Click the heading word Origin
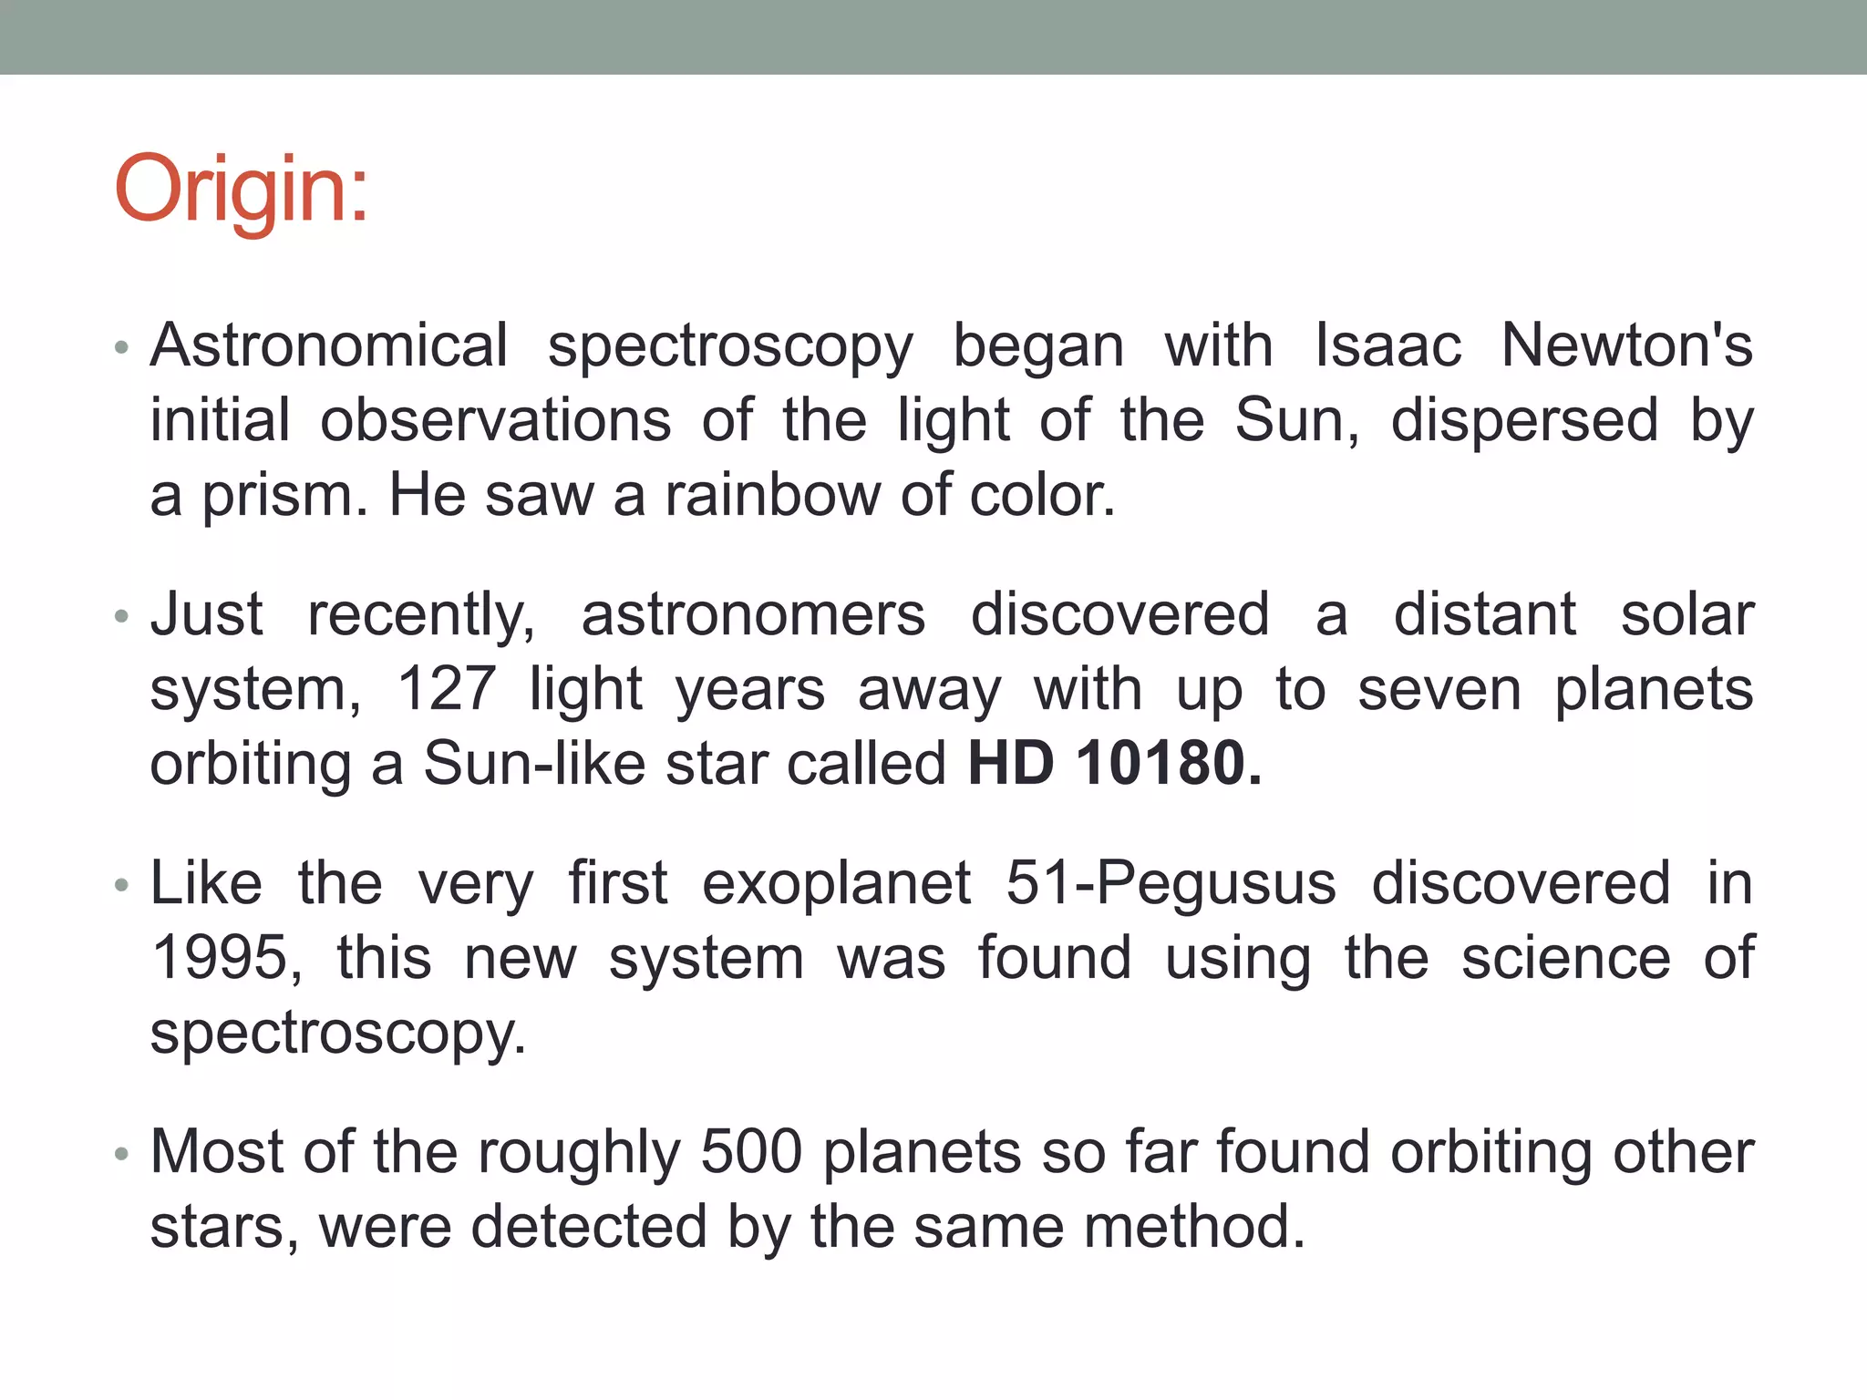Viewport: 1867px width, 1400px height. [x=242, y=189]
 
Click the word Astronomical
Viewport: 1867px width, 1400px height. [x=329, y=347]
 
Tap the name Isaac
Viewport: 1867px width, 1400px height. [x=1387, y=347]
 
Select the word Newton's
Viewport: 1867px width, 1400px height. [x=1626, y=347]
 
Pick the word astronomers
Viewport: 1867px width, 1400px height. [x=753, y=615]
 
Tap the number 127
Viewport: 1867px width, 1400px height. [x=447, y=690]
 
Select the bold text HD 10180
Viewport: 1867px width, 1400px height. [x=1114, y=764]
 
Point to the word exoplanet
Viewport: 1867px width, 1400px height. [x=837, y=884]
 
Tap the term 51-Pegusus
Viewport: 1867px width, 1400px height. [x=1171, y=884]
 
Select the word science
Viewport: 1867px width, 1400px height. [x=1565, y=959]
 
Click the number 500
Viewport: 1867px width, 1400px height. [x=751, y=1153]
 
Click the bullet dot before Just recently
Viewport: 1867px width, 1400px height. [x=122, y=617]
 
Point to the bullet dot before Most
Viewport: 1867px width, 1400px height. [x=122, y=1155]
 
